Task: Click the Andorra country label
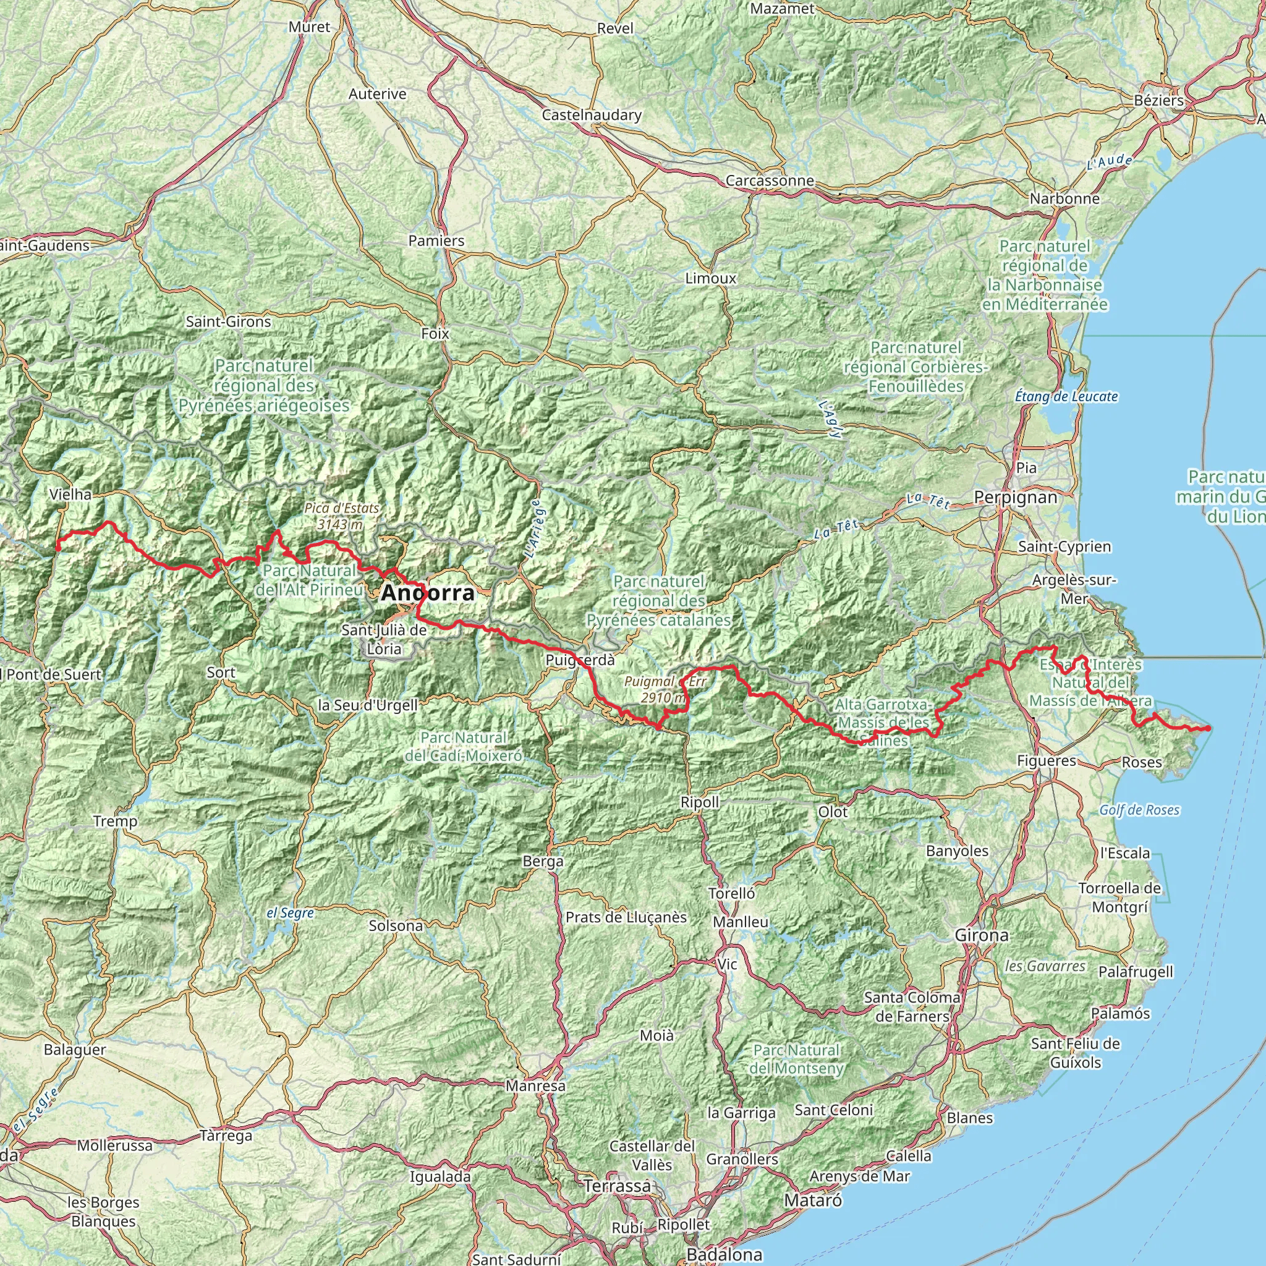[428, 593]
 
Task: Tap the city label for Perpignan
[1015, 498]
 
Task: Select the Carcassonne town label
[770, 181]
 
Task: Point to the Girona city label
[981, 936]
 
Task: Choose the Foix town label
[435, 334]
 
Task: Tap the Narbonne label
[1065, 198]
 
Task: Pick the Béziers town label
[1159, 100]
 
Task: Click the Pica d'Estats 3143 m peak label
[341, 516]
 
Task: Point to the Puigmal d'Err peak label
[665, 689]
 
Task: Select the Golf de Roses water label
[1139, 810]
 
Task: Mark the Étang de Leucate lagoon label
[1066, 396]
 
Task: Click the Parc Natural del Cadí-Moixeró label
[464, 746]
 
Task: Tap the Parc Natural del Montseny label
[796, 1059]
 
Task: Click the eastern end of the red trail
[1208, 728]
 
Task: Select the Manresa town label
[535, 1085]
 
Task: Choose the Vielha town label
[70, 494]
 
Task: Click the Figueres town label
[1047, 761]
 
